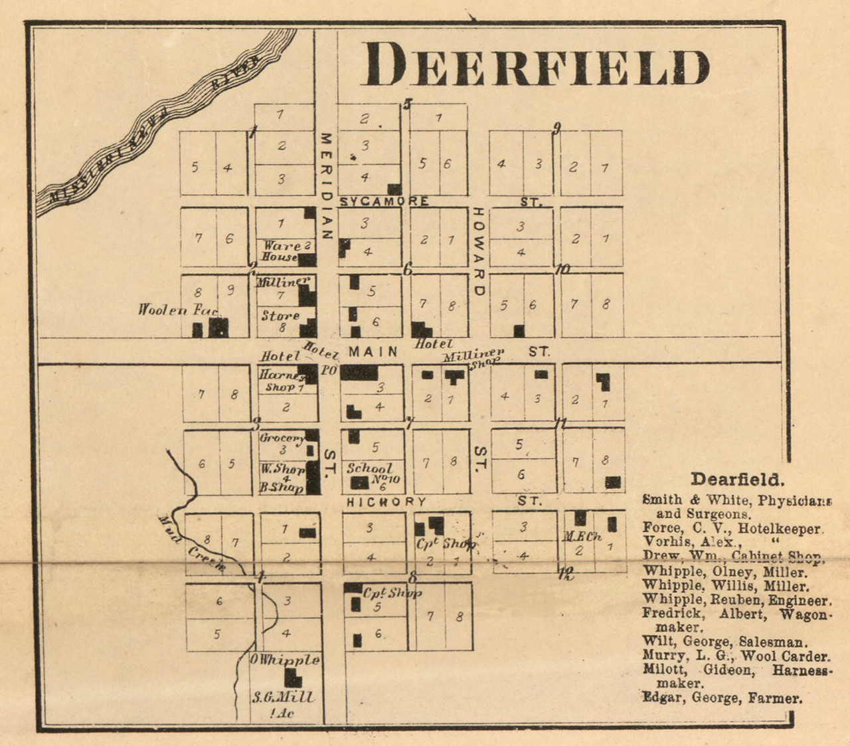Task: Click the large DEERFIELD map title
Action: (x=535, y=64)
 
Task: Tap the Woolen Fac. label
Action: (x=178, y=310)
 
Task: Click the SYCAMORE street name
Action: (x=384, y=201)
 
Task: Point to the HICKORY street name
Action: (x=386, y=502)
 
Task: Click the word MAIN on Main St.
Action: (x=373, y=351)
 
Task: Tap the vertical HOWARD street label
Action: (x=478, y=252)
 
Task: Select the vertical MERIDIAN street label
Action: (x=325, y=186)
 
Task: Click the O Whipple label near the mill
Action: (x=285, y=660)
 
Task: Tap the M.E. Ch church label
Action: (x=582, y=537)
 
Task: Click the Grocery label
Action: (x=282, y=438)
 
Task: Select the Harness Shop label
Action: (x=281, y=381)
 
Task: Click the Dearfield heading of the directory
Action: (x=737, y=479)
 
